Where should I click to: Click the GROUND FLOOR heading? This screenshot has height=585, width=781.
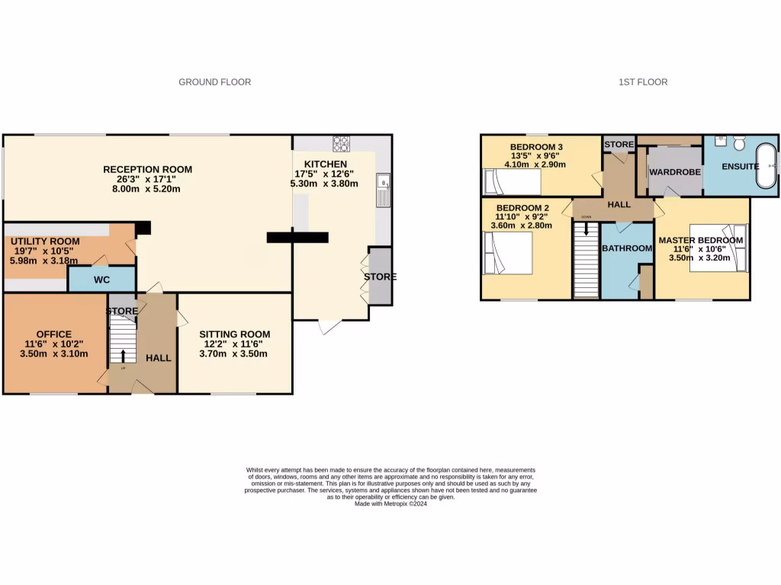(214, 82)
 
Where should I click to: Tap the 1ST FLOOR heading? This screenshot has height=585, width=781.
(643, 82)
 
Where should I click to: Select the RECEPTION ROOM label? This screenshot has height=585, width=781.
(148, 169)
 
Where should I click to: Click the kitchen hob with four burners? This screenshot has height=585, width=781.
(340, 142)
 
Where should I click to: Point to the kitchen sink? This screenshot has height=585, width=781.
(383, 188)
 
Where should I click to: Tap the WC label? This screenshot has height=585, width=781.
(101, 280)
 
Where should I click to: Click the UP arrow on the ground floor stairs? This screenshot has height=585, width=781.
(123, 356)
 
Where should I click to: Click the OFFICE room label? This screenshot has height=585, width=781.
(54, 334)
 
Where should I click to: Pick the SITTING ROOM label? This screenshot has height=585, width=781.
(234, 334)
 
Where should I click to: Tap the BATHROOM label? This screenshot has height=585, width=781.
(627, 248)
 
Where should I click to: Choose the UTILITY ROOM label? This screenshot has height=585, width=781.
(45, 241)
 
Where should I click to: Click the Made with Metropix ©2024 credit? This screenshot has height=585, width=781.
(390, 503)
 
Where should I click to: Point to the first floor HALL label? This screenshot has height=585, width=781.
(619, 204)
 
